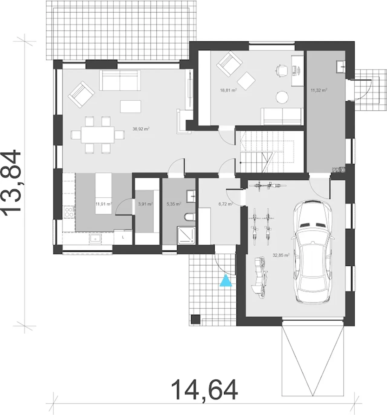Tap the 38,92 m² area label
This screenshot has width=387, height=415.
coord(141,129)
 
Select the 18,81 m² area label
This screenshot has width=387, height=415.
coord(228,90)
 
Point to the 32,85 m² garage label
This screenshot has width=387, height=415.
coord(281,255)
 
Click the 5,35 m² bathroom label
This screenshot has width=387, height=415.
coord(174,204)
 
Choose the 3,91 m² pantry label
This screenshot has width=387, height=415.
coord(145,204)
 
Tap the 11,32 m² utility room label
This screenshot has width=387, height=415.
coord(319,90)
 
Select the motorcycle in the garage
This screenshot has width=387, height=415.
coord(261,278)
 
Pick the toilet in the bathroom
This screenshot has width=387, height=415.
coord(190,217)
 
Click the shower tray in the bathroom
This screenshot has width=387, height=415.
coord(186,235)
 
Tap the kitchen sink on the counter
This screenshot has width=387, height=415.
coord(95,239)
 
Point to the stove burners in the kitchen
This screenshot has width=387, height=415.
coord(69,212)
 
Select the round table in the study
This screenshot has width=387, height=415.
coord(282,97)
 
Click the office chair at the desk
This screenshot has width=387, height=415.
coord(281,70)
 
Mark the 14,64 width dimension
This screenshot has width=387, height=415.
coord(204,390)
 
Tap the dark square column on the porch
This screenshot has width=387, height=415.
coord(196,319)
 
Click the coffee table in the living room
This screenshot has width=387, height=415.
coord(131,106)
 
